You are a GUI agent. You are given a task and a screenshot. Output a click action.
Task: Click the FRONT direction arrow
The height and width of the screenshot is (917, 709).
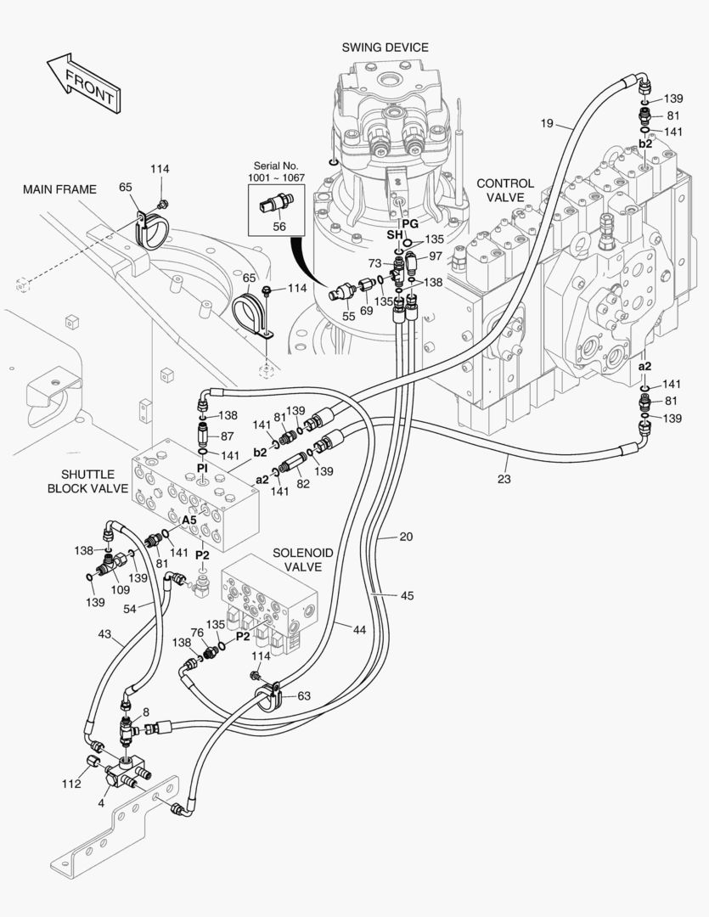pos(82,83)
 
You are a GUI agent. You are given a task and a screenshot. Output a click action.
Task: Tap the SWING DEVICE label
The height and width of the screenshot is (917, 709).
pos(385,48)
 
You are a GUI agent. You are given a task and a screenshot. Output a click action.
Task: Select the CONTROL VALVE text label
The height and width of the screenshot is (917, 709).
pos(505,190)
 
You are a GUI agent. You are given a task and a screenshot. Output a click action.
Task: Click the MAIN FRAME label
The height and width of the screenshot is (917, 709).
pos(59,188)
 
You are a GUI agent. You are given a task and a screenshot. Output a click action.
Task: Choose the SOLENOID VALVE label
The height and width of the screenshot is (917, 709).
pos(303,560)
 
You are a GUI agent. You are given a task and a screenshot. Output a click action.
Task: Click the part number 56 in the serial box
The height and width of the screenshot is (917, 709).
pos(279,227)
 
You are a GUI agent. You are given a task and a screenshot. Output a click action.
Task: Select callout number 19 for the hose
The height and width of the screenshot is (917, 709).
pos(547,124)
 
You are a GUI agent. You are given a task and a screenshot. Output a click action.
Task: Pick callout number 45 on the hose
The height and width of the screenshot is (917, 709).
pos(407,595)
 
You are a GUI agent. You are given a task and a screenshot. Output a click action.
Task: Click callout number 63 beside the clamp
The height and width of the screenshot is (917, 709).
pos(303,695)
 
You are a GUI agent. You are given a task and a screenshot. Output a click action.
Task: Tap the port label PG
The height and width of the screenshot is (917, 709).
pos(410,222)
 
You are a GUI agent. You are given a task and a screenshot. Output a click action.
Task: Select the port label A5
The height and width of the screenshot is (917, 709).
pos(189,519)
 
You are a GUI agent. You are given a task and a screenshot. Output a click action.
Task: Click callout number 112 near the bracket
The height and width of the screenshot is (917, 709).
pos(71,783)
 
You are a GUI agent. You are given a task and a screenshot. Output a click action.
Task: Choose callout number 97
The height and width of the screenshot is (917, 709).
pos(435,256)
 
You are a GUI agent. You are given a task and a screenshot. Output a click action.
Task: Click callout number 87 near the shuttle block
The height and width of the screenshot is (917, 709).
pos(227,436)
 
